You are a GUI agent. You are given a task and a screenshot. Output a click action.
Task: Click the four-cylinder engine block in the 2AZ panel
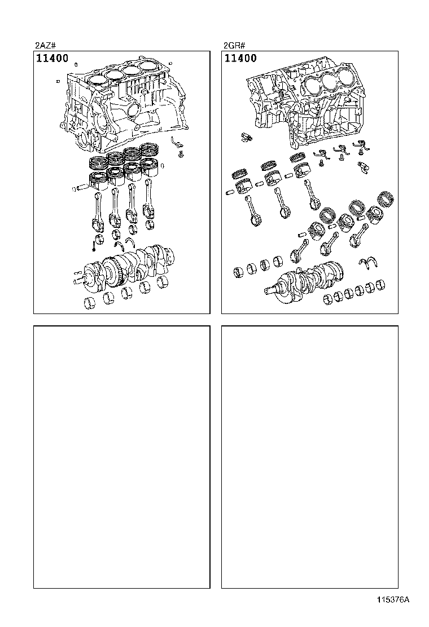pyautogui.click(x=121, y=104)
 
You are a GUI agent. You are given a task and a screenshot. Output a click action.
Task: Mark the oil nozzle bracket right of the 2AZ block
pyautogui.click(x=176, y=140)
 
